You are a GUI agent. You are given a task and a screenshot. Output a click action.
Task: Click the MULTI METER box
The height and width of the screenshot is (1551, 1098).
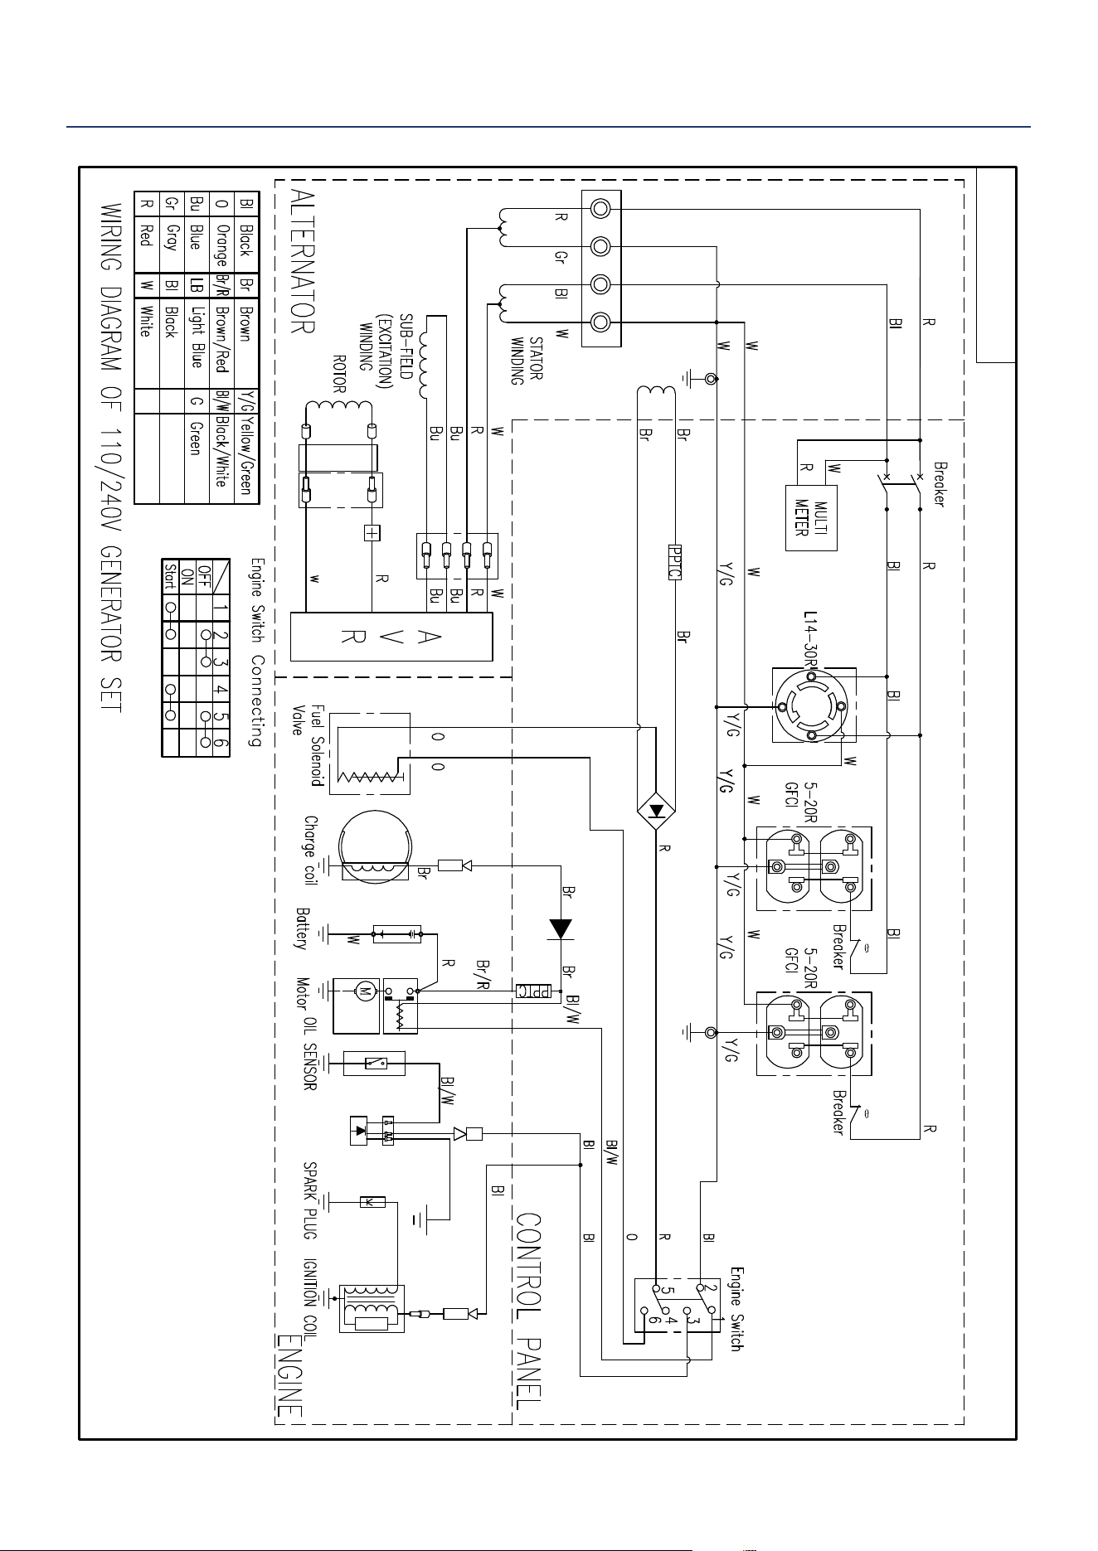(x=811, y=518)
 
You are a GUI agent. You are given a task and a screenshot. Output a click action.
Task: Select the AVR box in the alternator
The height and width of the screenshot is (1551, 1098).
(x=391, y=637)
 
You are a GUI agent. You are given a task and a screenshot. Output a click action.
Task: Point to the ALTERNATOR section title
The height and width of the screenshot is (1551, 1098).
(x=304, y=261)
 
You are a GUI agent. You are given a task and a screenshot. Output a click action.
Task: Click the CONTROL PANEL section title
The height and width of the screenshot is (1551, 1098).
(x=529, y=1311)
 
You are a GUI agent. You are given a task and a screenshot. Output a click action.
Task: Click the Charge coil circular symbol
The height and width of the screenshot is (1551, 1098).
(x=376, y=845)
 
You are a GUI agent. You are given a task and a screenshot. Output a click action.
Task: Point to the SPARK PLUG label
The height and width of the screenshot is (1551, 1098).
(x=311, y=1200)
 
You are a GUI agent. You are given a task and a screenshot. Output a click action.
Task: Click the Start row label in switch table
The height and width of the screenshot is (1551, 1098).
(x=171, y=574)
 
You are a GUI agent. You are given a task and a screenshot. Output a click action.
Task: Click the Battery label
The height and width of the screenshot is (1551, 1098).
(x=304, y=928)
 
